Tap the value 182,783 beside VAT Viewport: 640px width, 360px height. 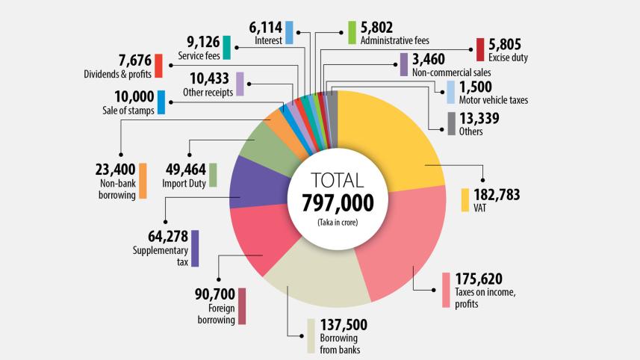[x=496, y=196]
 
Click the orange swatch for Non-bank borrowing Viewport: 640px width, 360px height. [x=143, y=181]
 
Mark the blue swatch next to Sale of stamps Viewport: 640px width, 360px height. [x=161, y=102]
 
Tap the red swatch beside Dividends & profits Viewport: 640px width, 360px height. [x=158, y=66]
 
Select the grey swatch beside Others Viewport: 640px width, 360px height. [x=451, y=124]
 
